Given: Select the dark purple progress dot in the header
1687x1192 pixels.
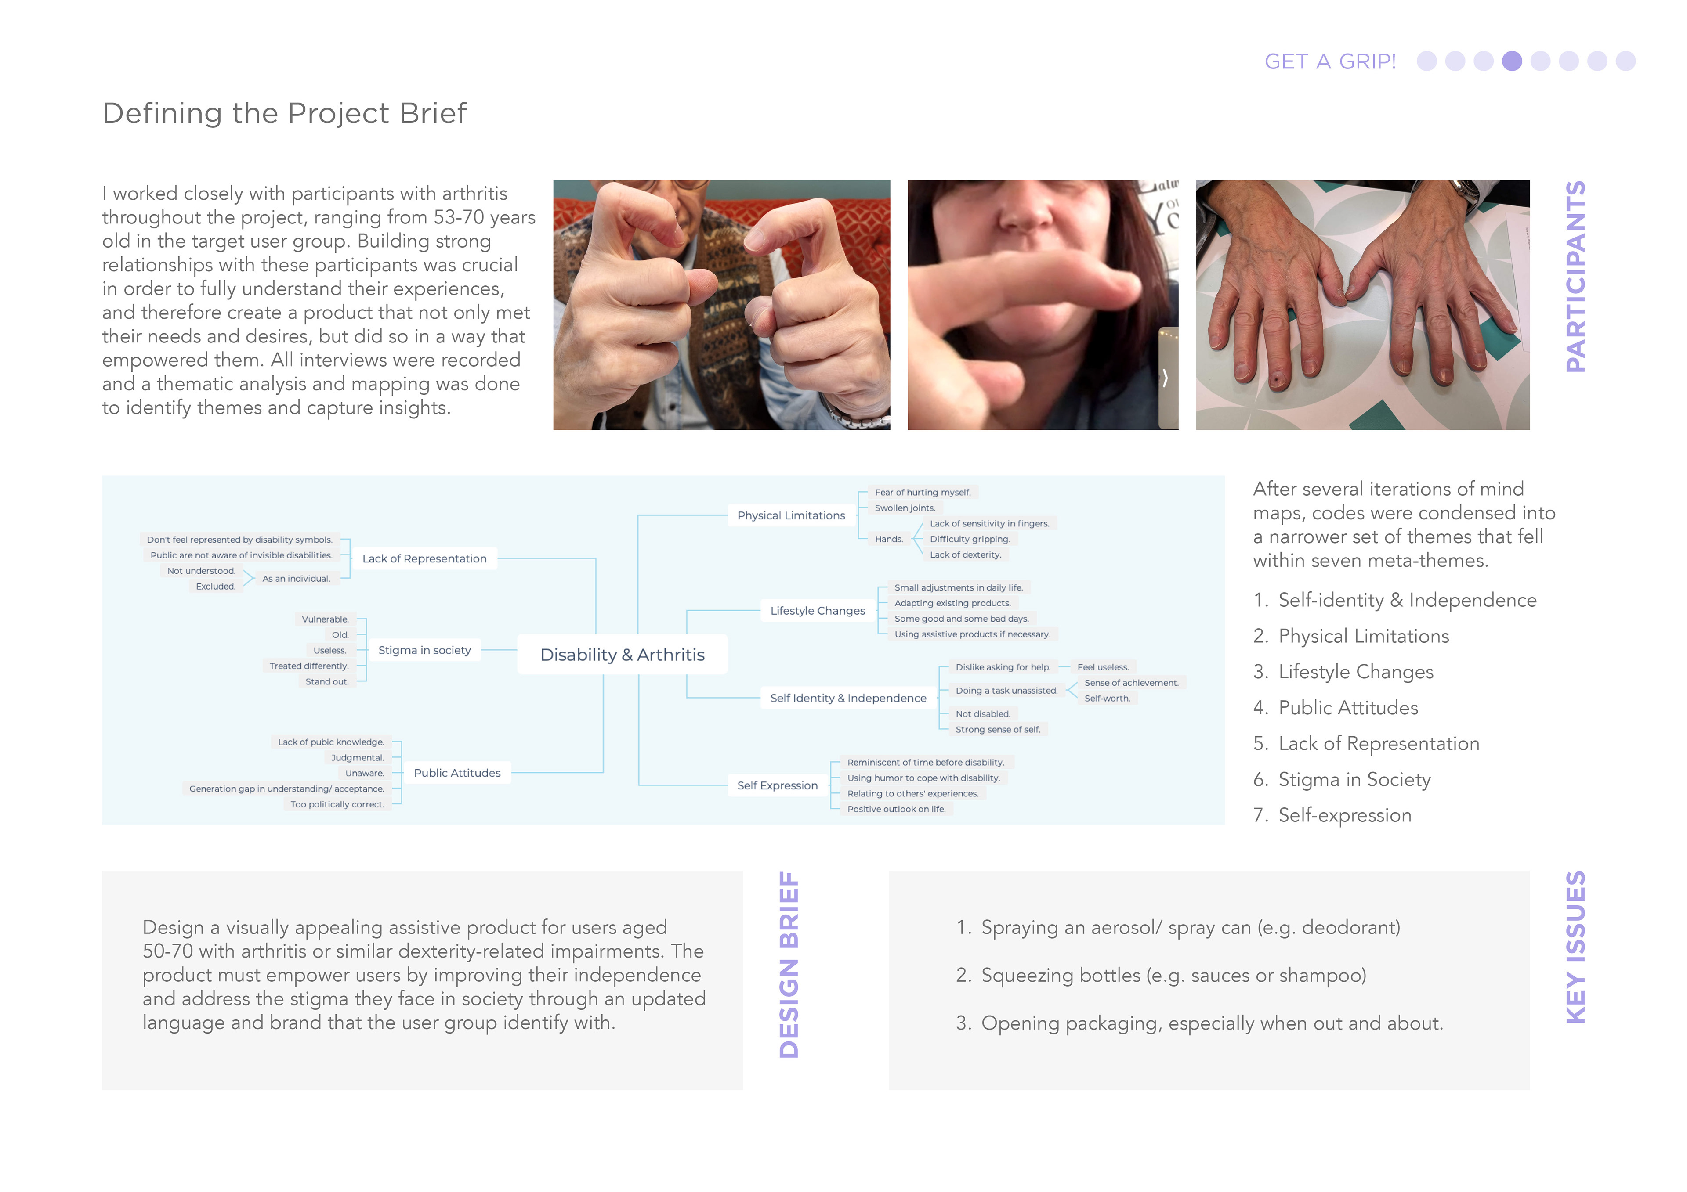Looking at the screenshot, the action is (1512, 61).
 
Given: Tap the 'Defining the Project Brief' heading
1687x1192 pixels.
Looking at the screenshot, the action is (284, 113).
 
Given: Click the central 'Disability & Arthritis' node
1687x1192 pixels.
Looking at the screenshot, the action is (623, 654).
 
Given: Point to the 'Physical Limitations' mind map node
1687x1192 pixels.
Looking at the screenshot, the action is (791, 515).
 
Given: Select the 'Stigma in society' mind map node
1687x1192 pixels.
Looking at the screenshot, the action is (425, 650).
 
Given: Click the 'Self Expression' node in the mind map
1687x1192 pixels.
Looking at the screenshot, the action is (777, 785).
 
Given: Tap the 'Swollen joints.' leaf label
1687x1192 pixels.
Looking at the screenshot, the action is (905, 508).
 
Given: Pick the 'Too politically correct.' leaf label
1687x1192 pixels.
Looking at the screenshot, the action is (337, 804).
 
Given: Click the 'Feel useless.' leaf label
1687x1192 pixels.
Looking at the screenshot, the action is (1103, 667).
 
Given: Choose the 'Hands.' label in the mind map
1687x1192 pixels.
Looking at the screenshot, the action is (888, 539).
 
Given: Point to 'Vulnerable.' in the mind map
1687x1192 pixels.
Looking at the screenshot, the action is (326, 619).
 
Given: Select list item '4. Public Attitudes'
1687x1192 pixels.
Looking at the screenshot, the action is (1336, 707).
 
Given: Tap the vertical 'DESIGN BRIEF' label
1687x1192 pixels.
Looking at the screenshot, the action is (789, 964).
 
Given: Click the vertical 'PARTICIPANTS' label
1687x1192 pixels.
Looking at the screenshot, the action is (1576, 277).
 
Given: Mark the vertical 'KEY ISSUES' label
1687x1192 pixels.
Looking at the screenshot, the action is (1576, 947).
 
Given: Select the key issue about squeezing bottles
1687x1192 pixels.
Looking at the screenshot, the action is (1161, 976).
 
